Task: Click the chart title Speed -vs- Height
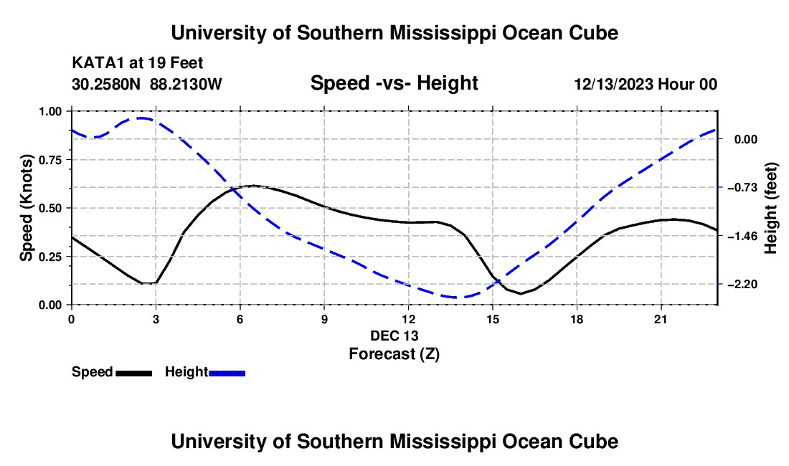(394, 83)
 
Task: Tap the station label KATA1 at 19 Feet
(138, 63)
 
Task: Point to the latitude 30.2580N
(106, 84)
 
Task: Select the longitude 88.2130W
(186, 84)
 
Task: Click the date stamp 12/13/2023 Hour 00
(646, 84)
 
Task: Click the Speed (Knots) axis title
(26, 208)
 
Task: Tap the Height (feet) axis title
(770, 208)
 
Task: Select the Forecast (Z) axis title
(394, 354)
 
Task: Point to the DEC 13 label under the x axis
(394, 336)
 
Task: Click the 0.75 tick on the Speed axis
(52, 160)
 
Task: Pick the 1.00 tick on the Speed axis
(52, 111)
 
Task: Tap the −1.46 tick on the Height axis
(742, 236)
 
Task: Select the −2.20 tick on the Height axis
(742, 285)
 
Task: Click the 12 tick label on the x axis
(409, 319)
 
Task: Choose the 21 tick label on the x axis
(661, 319)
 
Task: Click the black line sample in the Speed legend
(134, 373)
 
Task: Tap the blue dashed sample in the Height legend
(227, 373)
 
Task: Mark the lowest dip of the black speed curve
(521, 293)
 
